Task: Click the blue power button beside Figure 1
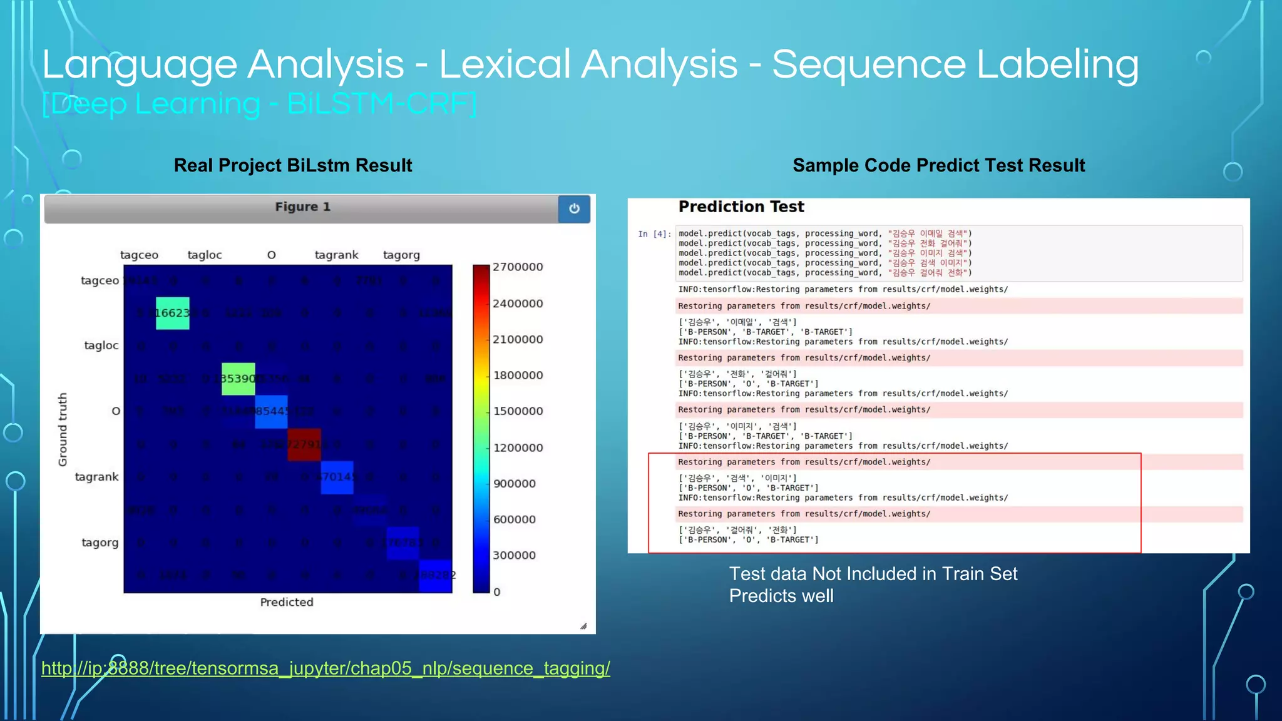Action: click(x=574, y=208)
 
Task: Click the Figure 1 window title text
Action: click(x=302, y=207)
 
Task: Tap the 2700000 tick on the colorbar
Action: click(x=517, y=267)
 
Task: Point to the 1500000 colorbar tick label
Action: click(x=518, y=411)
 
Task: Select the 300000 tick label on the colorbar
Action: click(x=514, y=555)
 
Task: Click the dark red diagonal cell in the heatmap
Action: click(x=304, y=444)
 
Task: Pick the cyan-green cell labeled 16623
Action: click(x=172, y=313)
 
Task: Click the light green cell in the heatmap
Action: click(x=238, y=379)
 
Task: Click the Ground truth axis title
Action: click(x=63, y=429)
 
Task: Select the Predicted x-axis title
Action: click(x=287, y=602)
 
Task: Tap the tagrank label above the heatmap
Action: click(x=336, y=255)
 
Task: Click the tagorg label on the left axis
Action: click(x=100, y=543)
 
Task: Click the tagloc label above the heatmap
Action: click(x=205, y=255)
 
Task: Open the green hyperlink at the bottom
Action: click(x=326, y=668)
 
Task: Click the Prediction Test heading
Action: click(x=741, y=207)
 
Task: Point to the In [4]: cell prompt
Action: click(x=654, y=234)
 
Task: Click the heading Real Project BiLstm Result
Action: click(x=292, y=165)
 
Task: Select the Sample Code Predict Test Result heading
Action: click(x=938, y=165)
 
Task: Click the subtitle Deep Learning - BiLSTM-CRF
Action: click(x=259, y=104)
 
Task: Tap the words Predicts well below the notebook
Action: click(x=781, y=596)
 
